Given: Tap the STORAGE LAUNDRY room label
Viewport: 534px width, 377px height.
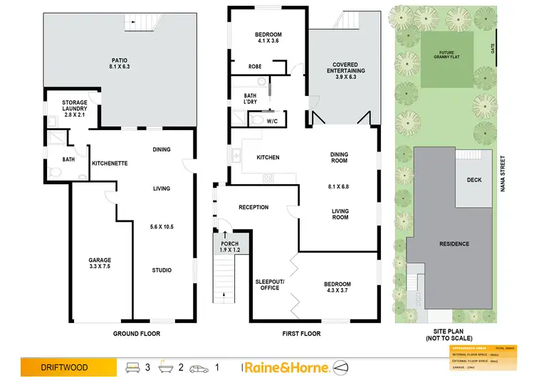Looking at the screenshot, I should pyautogui.click(x=75, y=109).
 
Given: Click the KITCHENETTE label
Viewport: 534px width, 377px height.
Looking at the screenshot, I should pyautogui.click(x=110, y=164).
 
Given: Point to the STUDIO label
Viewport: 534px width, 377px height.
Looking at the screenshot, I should pyautogui.click(x=162, y=270).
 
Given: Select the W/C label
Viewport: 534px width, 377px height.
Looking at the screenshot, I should pyautogui.click(x=271, y=122).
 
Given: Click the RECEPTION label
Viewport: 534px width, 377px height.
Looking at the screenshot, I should pyautogui.click(x=253, y=208).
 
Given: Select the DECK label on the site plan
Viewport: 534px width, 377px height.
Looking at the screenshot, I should pyautogui.click(x=474, y=180).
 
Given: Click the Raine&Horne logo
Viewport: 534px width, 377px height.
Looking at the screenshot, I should pyautogui.click(x=286, y=367).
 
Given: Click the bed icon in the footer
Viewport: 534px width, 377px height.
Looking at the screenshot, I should pyautogui.click(x=133, y=367).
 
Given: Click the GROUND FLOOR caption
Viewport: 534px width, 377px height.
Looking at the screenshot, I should pyautogui.click(x=136, y=333).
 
